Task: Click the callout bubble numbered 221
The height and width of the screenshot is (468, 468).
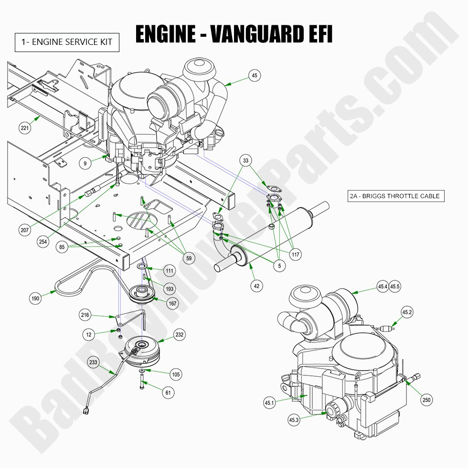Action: (24, 128)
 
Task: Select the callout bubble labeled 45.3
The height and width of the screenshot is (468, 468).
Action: (294, 420)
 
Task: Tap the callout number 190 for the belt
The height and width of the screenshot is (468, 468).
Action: (35, 298)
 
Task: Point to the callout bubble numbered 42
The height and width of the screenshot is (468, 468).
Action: (257, 286)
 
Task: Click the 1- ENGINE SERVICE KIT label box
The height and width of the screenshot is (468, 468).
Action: (66, 42)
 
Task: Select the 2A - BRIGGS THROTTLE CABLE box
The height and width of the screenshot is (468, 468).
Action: (394, 196)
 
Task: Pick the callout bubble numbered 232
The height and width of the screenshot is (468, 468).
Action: (180, 335)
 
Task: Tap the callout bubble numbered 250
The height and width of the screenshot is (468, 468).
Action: (426, 400)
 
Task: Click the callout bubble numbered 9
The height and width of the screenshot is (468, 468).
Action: (85, 163)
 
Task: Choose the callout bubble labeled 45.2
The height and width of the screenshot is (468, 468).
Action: (406, 312)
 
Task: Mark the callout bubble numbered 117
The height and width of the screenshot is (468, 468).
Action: (296, 255)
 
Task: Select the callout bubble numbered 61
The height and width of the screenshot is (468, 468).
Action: (168, 393)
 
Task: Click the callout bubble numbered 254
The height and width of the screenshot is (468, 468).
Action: (43, 242)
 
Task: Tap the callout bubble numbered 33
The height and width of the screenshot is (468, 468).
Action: (245, 161)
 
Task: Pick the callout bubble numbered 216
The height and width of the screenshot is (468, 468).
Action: (85, 315)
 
